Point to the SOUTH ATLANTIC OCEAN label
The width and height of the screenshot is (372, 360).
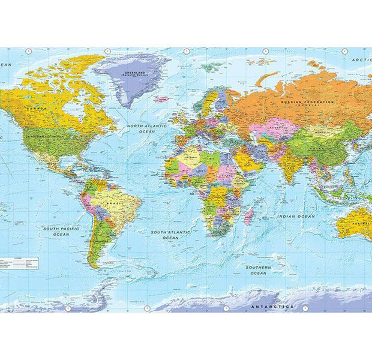[170, 235]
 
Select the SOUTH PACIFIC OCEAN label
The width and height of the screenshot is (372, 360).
[61, 231]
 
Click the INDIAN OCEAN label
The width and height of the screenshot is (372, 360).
[296, 216]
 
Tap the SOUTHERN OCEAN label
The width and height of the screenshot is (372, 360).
[258, 270]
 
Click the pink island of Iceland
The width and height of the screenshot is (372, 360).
[161, 99]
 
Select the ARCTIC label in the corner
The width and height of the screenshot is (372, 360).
[362, 60]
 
